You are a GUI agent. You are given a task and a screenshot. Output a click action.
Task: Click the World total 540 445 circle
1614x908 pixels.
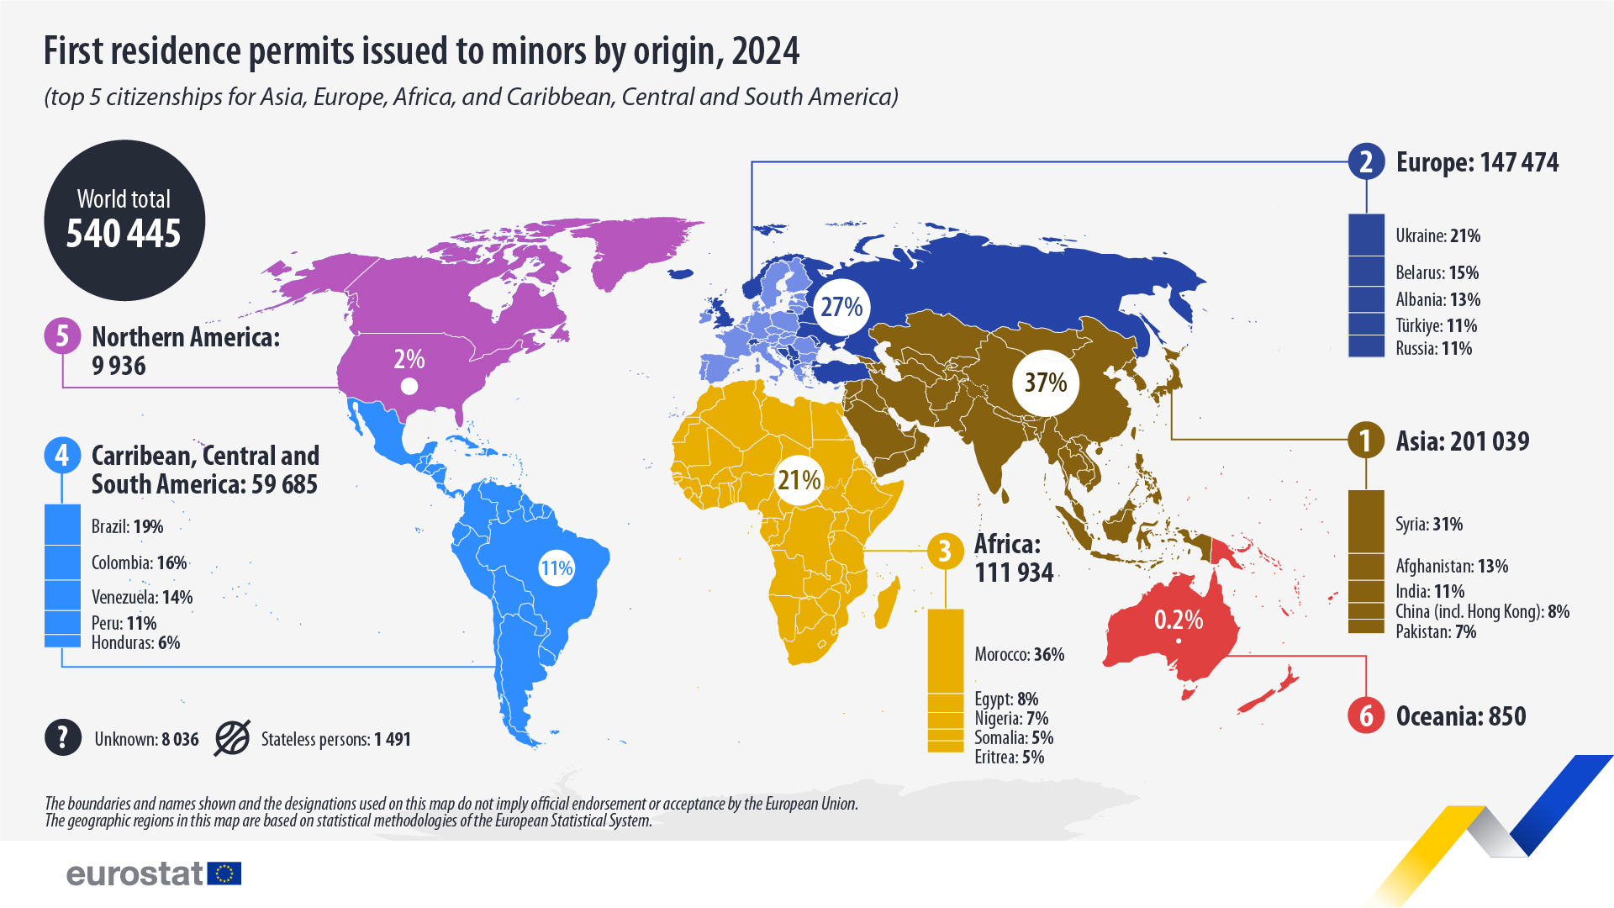tap(124, 220)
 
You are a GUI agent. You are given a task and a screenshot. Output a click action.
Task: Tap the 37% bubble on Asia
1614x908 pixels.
tap(1045, 383)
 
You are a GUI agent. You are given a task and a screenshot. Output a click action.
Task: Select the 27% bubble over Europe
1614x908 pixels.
tap(841, 307)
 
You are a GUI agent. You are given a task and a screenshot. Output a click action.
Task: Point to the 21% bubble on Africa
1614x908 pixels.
tap(799, 480)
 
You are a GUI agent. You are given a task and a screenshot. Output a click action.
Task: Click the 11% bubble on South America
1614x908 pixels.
tap(556, 568)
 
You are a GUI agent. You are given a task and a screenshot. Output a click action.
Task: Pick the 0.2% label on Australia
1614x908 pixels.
tap(1178, 620)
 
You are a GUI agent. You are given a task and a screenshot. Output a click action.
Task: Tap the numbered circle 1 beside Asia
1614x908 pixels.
tap(1365, 441)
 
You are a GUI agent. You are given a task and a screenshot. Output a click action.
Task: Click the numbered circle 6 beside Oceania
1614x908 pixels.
tap(1365, 715)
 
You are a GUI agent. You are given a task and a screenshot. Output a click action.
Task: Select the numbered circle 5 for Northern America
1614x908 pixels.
tap(62, 336)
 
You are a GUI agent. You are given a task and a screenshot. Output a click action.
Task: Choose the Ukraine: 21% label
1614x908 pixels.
tap(1437, 236)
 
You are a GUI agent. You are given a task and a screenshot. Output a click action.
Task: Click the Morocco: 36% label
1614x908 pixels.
tap(1019, 654)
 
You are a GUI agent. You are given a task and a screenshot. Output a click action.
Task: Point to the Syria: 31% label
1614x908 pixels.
tap(1429, 524)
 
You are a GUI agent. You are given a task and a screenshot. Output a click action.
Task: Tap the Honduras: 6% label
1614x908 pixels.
tap(135, 642)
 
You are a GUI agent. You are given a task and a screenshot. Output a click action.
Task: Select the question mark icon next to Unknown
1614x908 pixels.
tap(63, 738)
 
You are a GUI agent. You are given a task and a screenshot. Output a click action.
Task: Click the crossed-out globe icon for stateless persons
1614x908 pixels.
tap(232, 738)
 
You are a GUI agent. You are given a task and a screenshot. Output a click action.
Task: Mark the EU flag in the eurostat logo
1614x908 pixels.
tap(224, 874)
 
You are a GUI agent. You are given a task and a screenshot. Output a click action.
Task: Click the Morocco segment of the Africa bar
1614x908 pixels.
tap(946, 652)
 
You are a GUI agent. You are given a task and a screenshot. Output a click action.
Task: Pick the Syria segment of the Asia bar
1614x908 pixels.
tap(1366, 521)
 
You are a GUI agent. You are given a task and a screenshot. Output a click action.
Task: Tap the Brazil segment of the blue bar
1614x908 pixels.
tap(62, 525)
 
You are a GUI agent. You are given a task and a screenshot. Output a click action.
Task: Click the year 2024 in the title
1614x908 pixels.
tap(766, 51)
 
